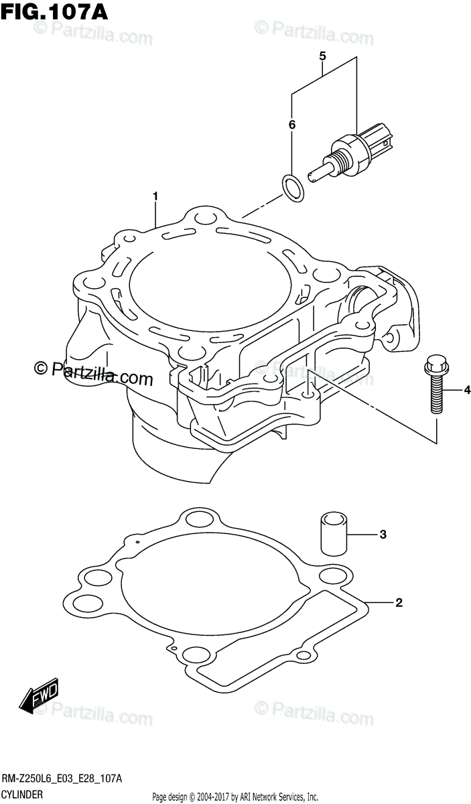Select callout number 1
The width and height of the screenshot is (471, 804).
155,197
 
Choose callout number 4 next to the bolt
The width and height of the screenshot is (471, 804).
322,55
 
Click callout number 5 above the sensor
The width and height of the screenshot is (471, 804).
291,124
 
